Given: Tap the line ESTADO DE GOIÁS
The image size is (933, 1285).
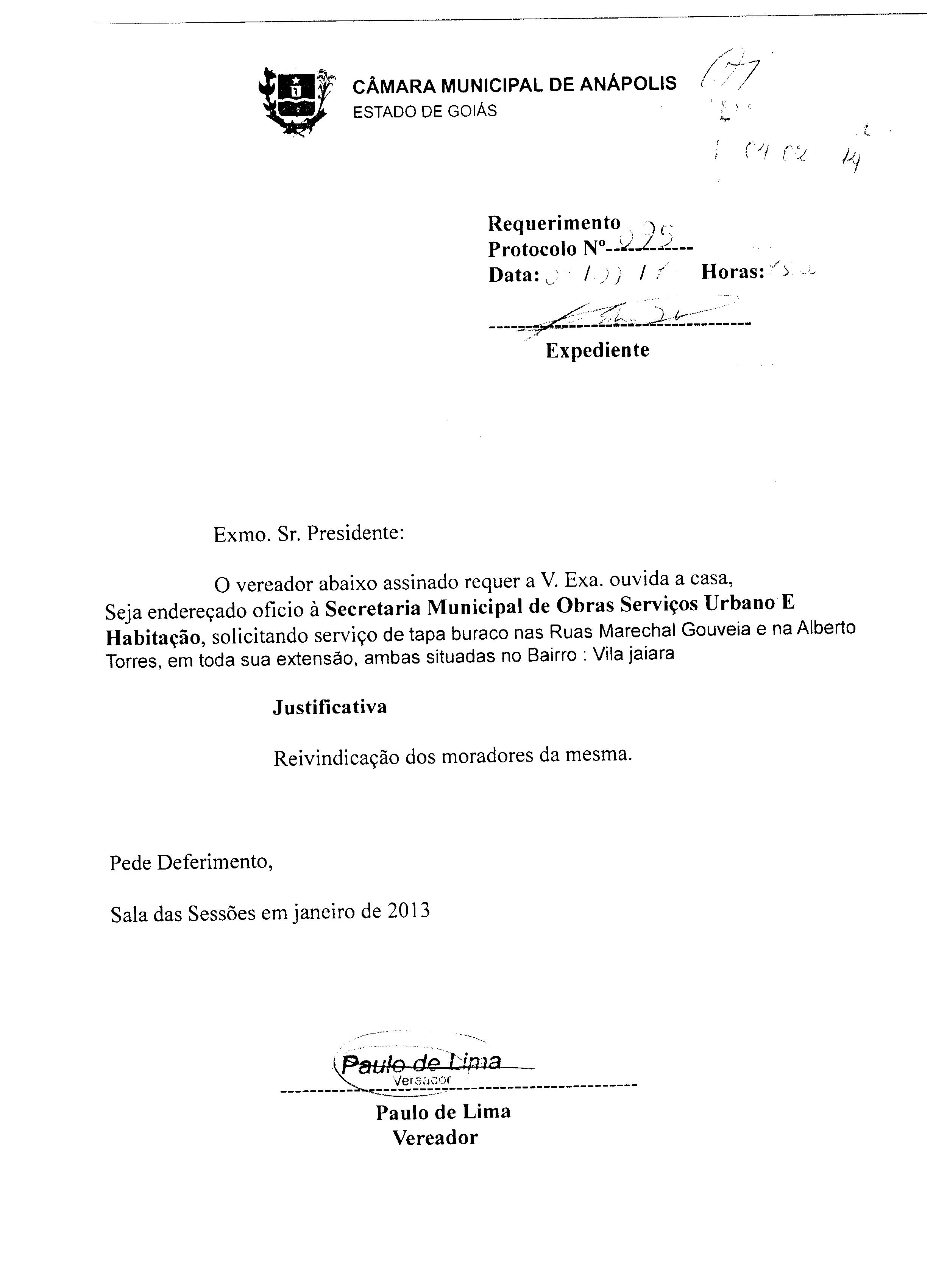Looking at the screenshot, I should (424, 111).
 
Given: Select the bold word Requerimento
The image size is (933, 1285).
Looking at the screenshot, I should (554, 223).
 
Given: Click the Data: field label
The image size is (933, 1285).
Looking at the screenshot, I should (513, 275).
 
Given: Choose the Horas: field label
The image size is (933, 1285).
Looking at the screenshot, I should (732, 272).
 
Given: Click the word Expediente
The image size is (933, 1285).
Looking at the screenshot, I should (597, 350).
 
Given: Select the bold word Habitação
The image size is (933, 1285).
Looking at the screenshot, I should (153, 637).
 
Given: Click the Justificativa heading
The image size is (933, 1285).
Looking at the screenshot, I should (330, 707).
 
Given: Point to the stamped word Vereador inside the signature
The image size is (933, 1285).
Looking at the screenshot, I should (421, 1080).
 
